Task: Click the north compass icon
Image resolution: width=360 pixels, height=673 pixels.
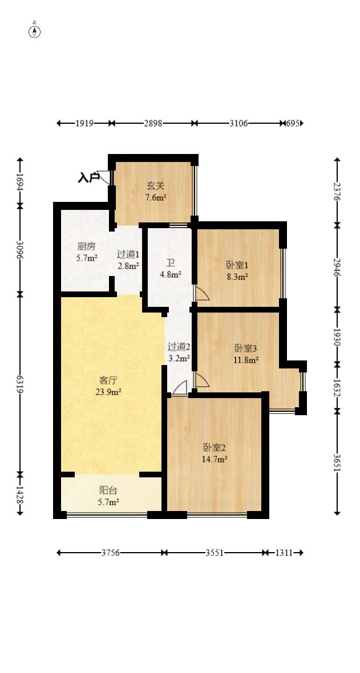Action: coord(35,31)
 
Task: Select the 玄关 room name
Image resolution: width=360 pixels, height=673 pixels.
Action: coord(155,186)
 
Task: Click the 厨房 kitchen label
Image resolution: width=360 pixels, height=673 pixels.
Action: coord(87,247)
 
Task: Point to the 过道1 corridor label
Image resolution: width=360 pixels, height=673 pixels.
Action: coord(128,254)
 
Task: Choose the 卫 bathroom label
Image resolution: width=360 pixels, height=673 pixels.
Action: coord(170,263)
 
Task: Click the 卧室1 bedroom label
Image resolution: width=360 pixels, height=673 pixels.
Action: coord(237,265)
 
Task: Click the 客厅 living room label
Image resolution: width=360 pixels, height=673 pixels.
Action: coord(108,380)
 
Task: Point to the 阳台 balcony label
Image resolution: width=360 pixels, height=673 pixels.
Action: coord(108,490)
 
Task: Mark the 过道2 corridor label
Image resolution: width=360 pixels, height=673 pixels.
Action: coord(178,346)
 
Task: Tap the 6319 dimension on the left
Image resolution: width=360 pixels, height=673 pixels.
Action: coord(20,384)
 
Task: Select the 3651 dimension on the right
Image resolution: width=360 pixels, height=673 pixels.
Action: coord(337,461)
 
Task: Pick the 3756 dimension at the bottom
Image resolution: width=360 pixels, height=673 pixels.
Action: coord(111,553)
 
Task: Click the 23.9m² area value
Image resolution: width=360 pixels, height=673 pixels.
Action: coord(108,392)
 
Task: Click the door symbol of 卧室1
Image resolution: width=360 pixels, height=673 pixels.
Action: coord(201,294)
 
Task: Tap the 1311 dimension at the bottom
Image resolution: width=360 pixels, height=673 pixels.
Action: coord(285,553)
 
